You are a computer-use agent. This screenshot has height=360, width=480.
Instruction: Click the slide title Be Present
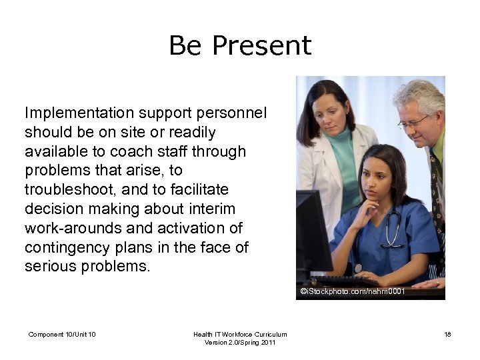tap(239, 45)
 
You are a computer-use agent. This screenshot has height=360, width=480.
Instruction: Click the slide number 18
tap(447, 334)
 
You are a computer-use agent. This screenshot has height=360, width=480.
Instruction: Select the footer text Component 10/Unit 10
tap(62, 334)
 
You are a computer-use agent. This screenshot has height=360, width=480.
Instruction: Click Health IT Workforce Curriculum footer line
tap(240, 334)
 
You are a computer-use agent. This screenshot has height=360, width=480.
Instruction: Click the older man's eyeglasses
tap(413, 122)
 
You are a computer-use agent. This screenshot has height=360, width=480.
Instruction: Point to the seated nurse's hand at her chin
tap(365, 213)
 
